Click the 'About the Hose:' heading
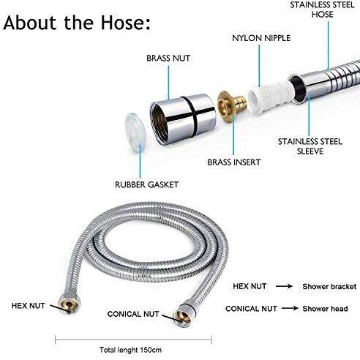tap(77, 23)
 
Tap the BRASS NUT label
tap(168, 59)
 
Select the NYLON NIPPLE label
tap(261, 38)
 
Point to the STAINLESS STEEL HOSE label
tap(322, 10)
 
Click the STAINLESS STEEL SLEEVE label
tap(310, 146)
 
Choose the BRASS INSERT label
tap(234, 162)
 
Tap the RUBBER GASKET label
tap(146, 184)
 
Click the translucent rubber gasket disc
tap(135, 132)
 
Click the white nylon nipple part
tap(269, 97)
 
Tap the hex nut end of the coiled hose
tap(70, 304)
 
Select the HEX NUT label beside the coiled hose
tap(28, 306)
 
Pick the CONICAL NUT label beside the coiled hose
tap(133, 314)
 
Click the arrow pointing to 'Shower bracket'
tap(284, 286)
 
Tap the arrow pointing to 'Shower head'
tap(290, 309)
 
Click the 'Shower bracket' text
tap(329, 286)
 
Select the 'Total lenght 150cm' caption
tap(130, 350)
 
